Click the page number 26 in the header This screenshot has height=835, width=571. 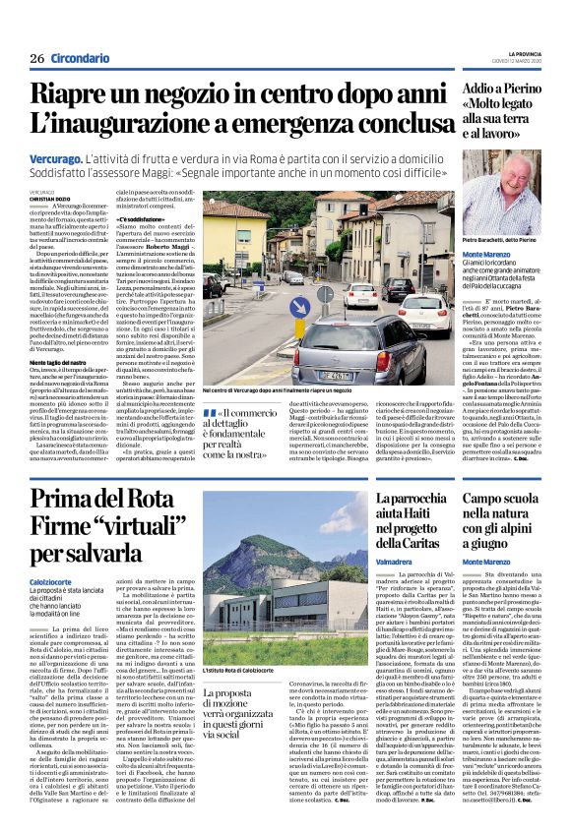[x=36, y=58]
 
